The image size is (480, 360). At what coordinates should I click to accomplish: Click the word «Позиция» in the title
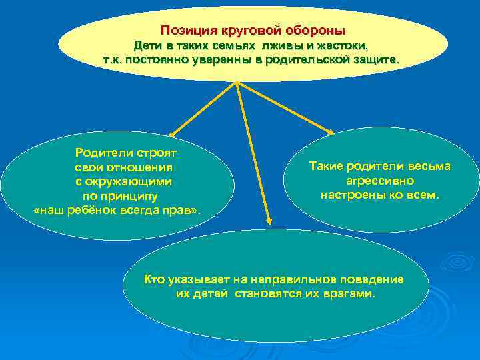186,31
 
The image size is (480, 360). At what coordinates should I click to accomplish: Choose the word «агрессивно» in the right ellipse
380,181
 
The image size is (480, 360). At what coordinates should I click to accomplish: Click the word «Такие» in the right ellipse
326,166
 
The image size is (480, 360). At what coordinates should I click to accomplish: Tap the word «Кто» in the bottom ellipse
155,279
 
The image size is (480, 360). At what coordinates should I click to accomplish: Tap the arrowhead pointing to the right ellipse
329,131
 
